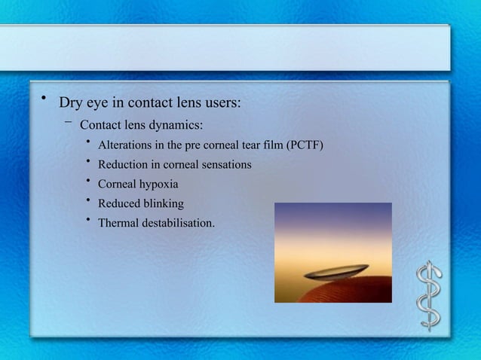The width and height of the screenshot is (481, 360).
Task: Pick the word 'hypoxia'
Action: (x=159, y=184)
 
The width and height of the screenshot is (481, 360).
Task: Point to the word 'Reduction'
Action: (x=124, y=164)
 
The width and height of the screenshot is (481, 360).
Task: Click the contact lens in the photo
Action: (x=338, y=270)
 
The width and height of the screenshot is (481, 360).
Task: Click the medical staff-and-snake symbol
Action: (x=430, y=295)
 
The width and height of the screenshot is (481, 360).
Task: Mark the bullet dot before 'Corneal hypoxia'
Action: (x=88, y=181)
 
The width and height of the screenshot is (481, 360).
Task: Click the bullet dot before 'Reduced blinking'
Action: (x=88, y=200)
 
